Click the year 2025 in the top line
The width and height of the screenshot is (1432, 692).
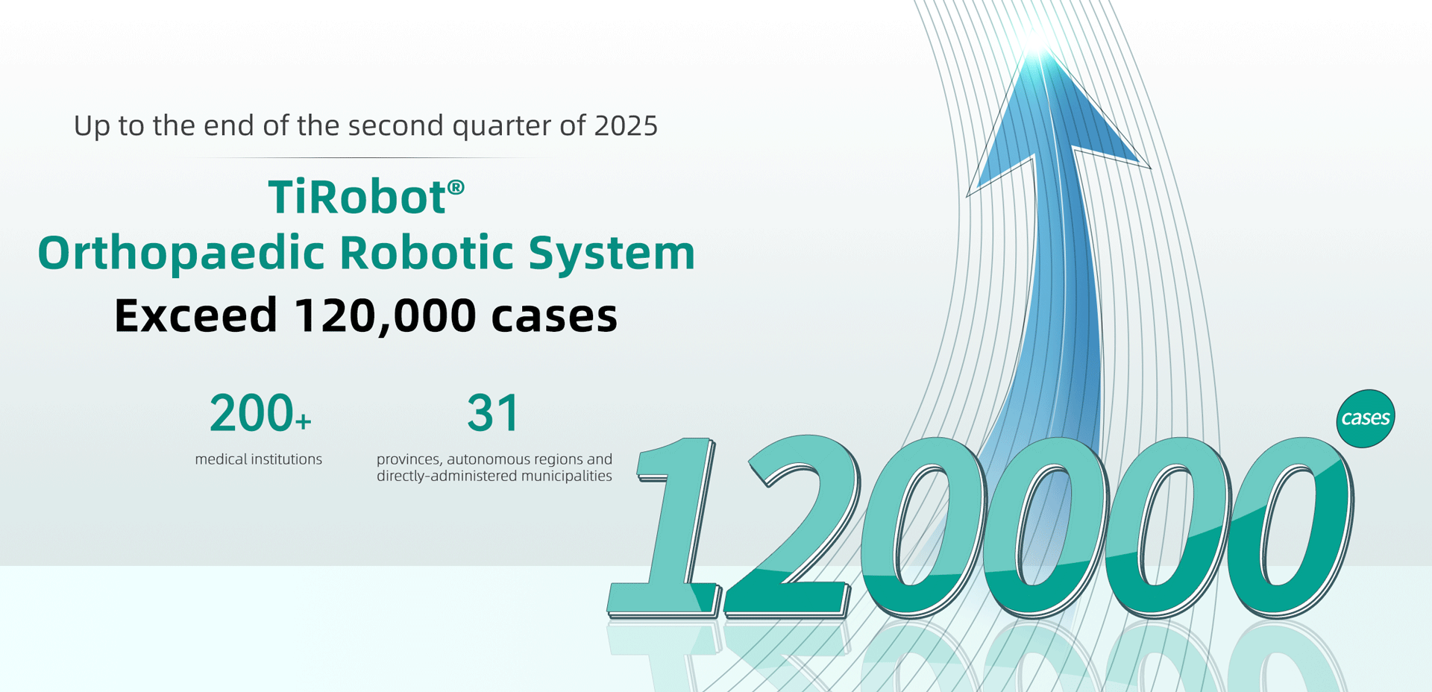[x=626, y=125]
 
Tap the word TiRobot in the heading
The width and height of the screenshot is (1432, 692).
[x=357, y=197]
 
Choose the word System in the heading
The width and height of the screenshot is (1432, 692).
[x=612, y=254]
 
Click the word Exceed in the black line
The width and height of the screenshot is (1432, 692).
[x=196, y=315]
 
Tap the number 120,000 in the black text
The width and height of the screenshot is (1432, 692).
[x=385, y=316]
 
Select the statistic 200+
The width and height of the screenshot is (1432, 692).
[x=260, y=413]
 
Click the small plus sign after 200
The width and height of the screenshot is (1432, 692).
[x=303, y=422]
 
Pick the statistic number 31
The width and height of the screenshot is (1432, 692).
[x=493, y=413]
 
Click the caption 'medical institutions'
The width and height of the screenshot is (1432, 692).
[x=259, y=459]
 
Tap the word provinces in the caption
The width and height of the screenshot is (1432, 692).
[x=409, y=460]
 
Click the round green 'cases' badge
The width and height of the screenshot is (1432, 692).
[x=1366, y=418]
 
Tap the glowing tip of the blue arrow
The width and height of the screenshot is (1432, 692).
[x=1037, y=41]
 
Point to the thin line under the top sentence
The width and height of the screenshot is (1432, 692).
[x=365, y=157]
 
